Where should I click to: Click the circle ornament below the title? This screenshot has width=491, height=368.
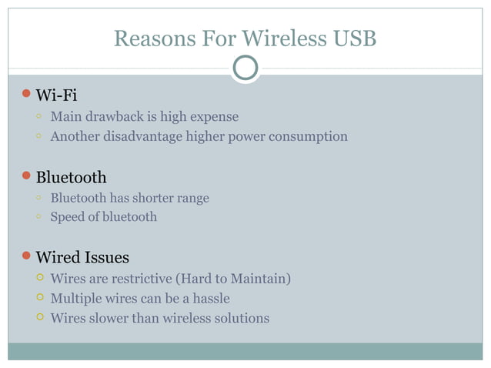[x=245, y=68]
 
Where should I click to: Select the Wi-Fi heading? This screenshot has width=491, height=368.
[x=56, y=95]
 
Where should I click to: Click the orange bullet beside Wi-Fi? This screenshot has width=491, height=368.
[x=25, y=94]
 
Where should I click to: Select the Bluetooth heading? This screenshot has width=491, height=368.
[x=71, y=178]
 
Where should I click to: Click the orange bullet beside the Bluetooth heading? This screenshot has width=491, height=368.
[x=25, y=176]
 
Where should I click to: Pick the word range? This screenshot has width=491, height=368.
[x=192, y=198]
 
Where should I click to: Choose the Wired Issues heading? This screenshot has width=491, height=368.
[x=82, y=257]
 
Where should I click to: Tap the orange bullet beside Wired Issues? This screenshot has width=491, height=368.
[x=25, y=256]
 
